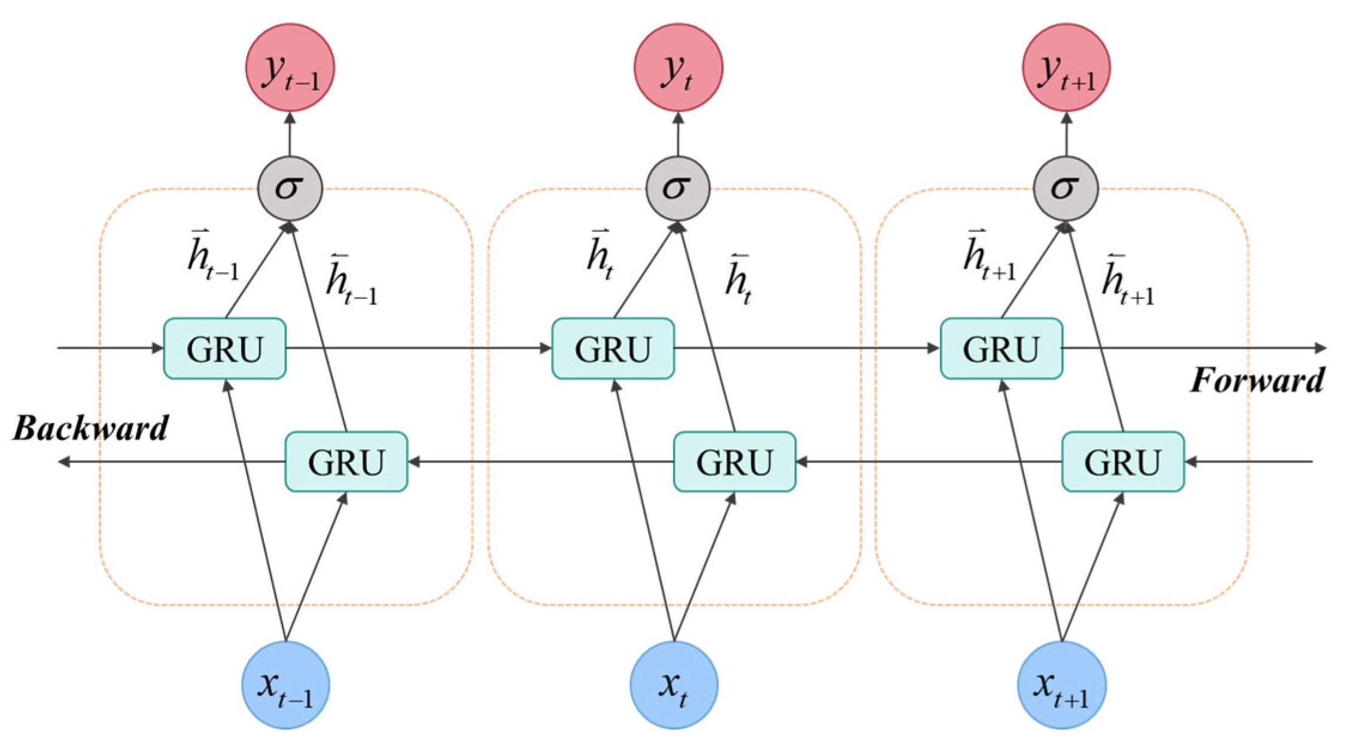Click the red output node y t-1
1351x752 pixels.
(290, 67)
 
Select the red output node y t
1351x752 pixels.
(678, 67)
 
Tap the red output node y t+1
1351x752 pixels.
(1066, 67)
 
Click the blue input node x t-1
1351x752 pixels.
(286, 685)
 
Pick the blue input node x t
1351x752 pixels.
(674, 685)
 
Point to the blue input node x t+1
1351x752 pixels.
(1062, 685)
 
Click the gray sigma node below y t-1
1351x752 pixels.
(290, 189)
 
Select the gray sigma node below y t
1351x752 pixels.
(678, 189)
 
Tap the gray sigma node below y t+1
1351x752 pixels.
(1066, 189)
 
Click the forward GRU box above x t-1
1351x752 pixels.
(225, 349)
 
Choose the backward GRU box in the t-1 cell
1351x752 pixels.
(346, 462)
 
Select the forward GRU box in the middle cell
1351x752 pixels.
(613, 349)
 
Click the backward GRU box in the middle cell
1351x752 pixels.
(735, 462)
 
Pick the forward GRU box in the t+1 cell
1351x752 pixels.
(1002, 349)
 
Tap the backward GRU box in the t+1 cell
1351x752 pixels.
(1123, 462)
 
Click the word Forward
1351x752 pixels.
(1257, 380)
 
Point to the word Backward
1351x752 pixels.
(90, 428)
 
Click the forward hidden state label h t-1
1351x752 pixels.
(213, 255)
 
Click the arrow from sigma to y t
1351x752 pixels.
(678, 134)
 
